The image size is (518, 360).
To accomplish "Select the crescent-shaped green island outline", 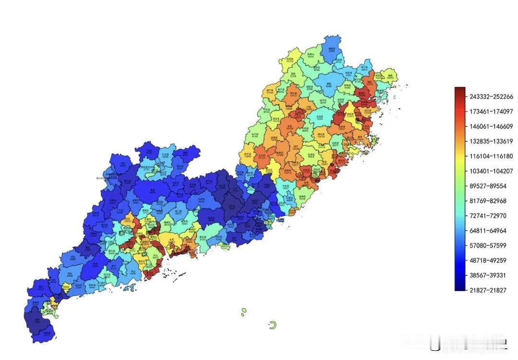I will (x=273, y=325).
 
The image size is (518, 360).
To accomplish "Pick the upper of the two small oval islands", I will (x=244, y=310).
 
